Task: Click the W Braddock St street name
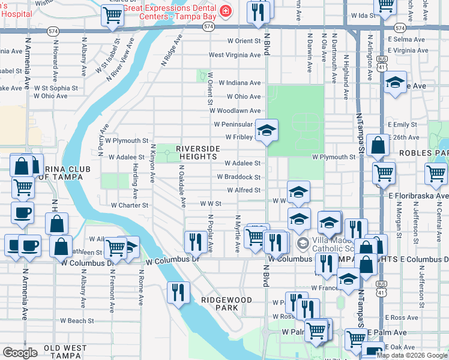click(x=238, y=177)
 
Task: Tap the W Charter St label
click(x=130, y=205)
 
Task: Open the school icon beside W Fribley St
click(x=267, y=129)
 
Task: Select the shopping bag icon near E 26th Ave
click(x=378, y=145)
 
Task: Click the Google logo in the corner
click(x=20, y=353)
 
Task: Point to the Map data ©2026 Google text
click(x=412, y=355)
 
